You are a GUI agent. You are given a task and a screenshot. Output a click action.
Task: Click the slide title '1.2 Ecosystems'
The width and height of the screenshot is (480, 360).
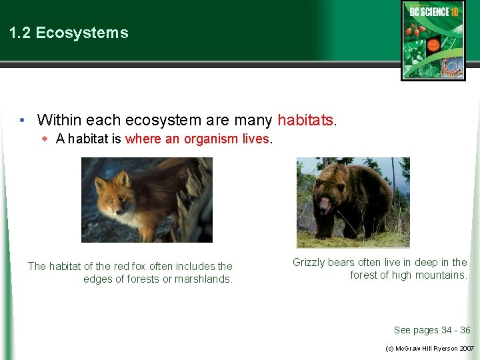coord(69,33)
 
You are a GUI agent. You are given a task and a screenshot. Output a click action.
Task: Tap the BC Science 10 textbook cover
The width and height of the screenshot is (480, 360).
coord(433,40)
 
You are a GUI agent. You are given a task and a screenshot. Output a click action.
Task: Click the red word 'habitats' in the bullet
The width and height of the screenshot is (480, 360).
coord(306,120)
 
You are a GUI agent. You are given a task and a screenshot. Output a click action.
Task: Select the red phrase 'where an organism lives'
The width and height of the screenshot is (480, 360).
coord(197,139)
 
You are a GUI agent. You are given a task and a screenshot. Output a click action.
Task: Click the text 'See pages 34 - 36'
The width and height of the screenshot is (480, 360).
coord(432,330)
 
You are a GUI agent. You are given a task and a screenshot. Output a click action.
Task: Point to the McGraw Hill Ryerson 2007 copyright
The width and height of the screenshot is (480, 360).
coord(430,349)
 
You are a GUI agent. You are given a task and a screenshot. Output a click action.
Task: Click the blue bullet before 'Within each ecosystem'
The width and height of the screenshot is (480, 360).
coord(22,121)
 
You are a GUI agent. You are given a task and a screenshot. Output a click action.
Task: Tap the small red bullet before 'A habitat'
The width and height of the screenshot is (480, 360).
coord(45,139)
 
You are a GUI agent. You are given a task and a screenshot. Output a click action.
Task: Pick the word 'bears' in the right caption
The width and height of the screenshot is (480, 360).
coord(345,263)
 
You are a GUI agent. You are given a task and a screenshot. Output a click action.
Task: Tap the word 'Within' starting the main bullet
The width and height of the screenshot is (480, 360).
coord(57,120)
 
